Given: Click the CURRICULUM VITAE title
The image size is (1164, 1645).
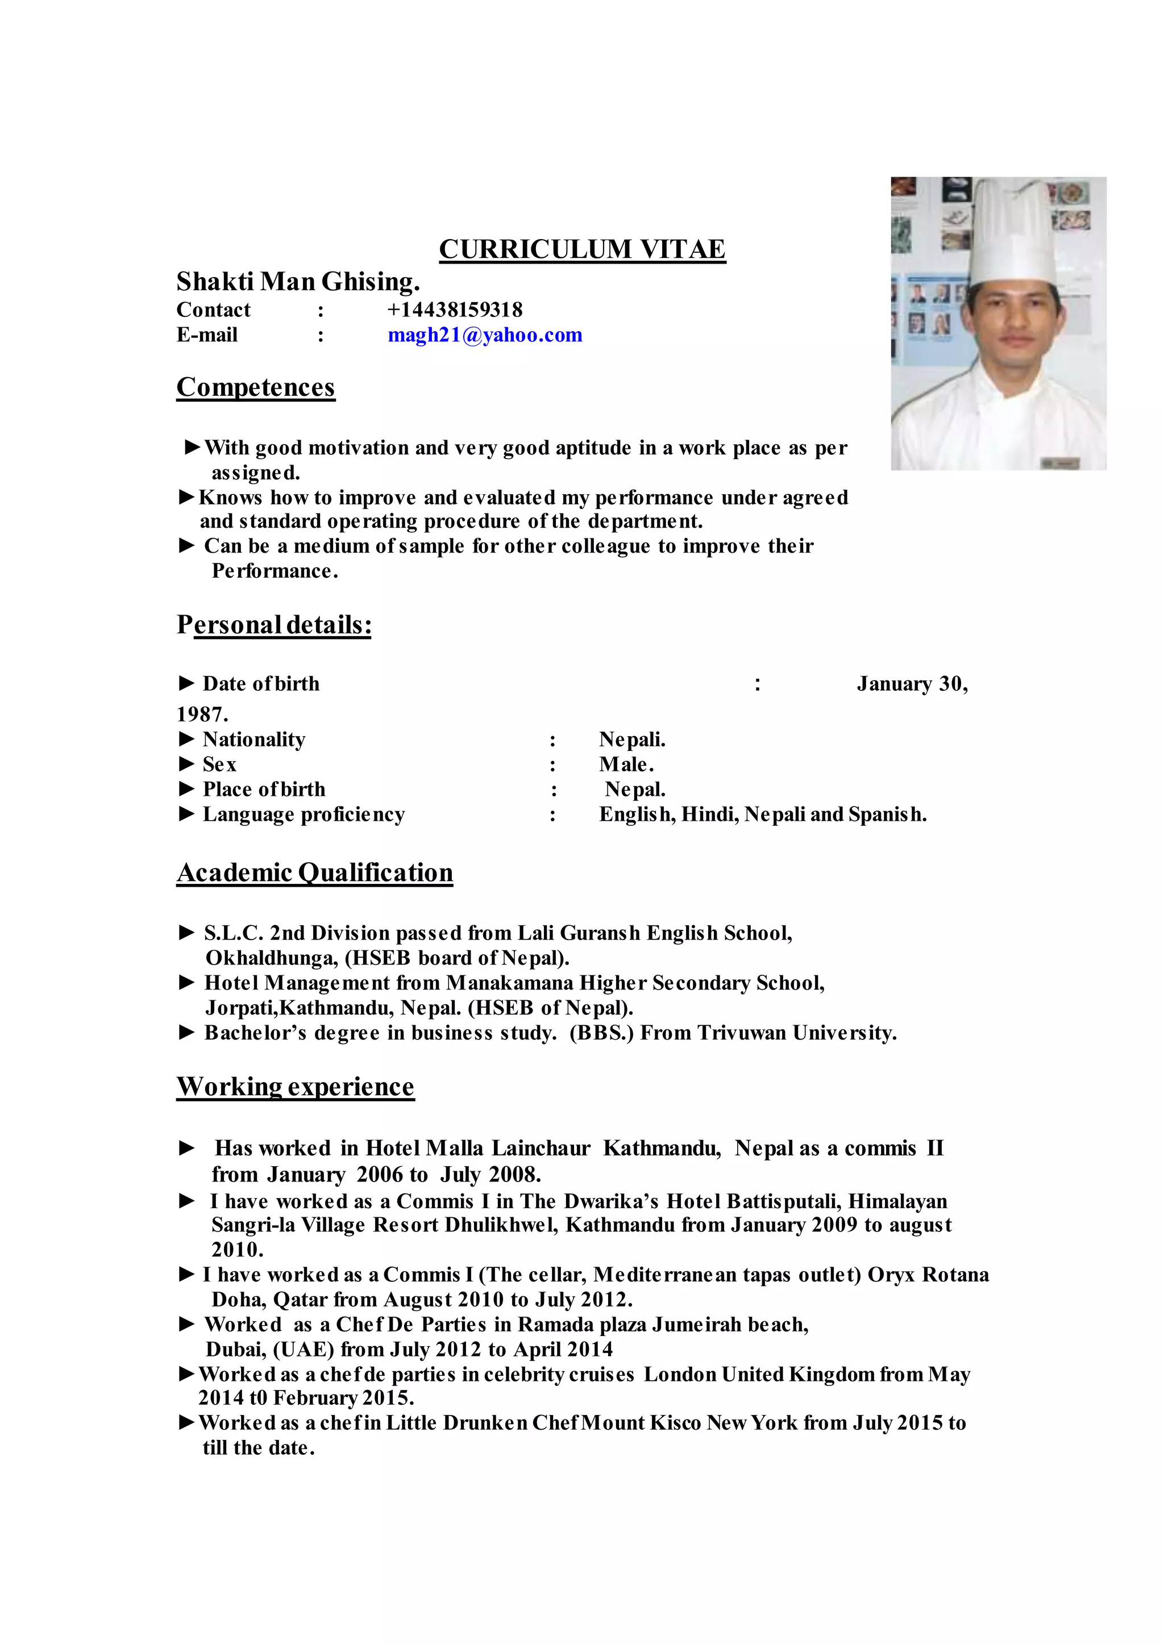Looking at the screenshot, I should [x=582, y=249].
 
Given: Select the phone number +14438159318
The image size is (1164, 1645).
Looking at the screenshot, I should [x=455, y=310].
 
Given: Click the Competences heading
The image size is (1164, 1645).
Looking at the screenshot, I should [x=255, y=387].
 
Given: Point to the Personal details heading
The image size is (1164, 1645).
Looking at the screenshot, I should [x=274, y=625].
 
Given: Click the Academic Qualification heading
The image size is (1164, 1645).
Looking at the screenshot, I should [x=315, y=872].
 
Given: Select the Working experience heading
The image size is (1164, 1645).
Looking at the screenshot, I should [x=296, y=1087].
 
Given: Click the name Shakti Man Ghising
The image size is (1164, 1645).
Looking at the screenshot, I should [x=297, y=282].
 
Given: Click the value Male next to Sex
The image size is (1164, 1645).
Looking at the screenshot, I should [x=626, y=765].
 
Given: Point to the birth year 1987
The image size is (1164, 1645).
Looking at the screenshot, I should [x=202, y=715].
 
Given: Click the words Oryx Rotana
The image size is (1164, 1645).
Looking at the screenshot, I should [x=928, y=1275].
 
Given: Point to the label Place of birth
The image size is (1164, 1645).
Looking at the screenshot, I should [x=264, y=790].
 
